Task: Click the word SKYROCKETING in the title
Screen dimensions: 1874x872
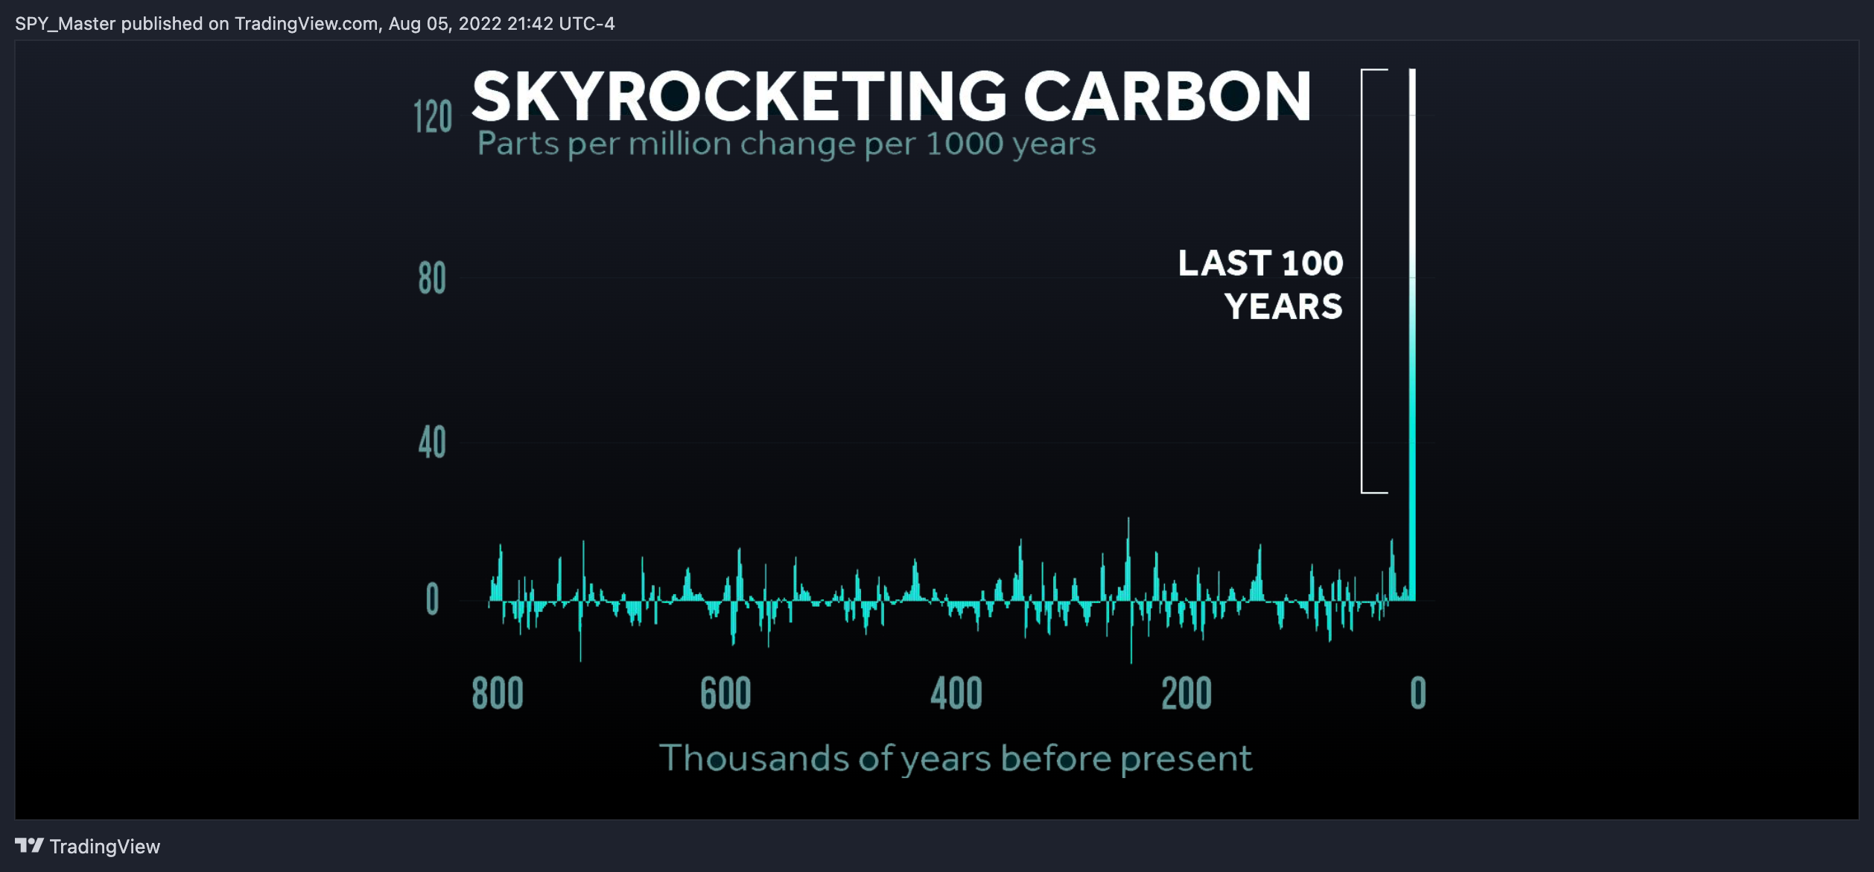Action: (x=740, y=96)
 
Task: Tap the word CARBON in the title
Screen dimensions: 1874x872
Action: (x=1167, y=96)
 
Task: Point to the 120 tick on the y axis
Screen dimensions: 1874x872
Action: (x=433, y=117)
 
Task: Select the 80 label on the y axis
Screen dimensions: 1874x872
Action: (x=432, y=279)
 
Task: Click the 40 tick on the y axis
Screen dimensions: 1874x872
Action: (x=432, y=443)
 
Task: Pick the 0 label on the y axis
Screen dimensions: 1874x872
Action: (x=432, y=599)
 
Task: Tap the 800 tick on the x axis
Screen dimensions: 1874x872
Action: (x=498, y=693)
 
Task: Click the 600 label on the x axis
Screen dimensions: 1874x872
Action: (x=725, y=693)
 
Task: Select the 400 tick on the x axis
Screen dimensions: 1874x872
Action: (x=956, y=693)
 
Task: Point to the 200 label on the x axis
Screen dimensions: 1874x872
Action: (x=1187, y=693)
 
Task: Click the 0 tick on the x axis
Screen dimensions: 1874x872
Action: (x=1418, y=693)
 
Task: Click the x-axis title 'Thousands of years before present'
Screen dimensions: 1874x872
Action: (x=956, y=759)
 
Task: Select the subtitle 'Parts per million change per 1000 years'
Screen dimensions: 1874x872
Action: (x=787, y=144)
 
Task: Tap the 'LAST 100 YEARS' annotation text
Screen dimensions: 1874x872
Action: (x=1261, y=285)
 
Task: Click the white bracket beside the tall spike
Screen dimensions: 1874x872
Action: (x=1362, y=281)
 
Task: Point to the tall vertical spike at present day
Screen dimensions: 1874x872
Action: (x=1411, y=335)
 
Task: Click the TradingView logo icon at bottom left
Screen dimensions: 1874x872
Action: (x=29, y=845)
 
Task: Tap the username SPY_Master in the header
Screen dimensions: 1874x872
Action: (x=66, y=24)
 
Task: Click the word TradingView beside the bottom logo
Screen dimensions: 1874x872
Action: (x=105, y=847)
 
